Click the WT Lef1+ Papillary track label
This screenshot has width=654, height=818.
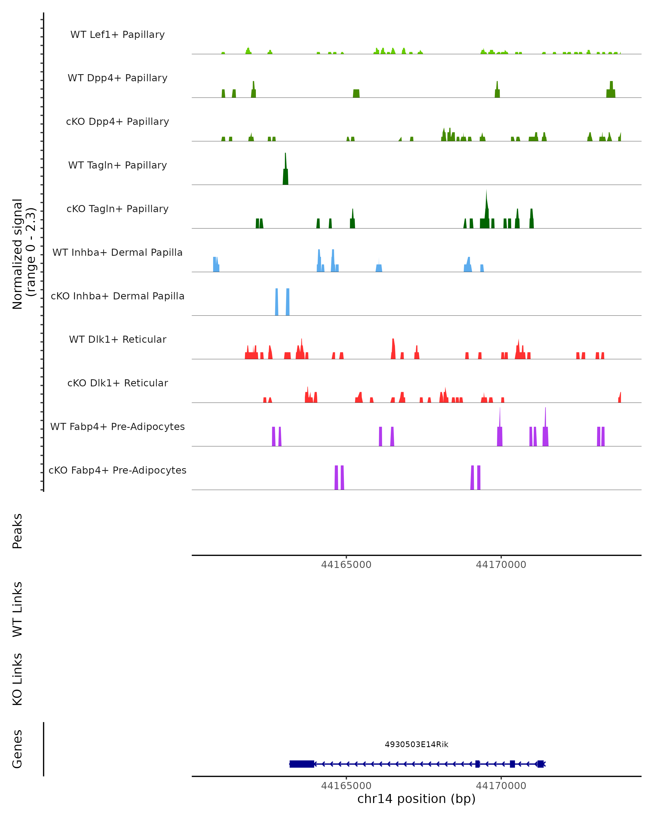pyautogui.click(x=117, y=35)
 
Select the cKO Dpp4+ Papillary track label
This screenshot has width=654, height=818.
pyautogui.click(x=117, y=122)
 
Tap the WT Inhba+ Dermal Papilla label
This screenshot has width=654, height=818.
pyautogui.click(x=117, y=253)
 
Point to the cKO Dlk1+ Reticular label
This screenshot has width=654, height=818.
pyautogui.click(x=117, y=383)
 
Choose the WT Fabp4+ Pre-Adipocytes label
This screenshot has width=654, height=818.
pyautogui.click(x=117, y=427)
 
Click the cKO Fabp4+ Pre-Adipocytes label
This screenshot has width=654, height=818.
pyautogui.click(x=117, y=470)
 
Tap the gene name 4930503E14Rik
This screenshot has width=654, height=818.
pyautogui.click(x=416, y=744)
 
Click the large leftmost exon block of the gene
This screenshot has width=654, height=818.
pyautogui.click(x=302, y=764)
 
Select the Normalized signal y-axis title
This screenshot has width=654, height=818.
pyautogui.click(x=23, y=254)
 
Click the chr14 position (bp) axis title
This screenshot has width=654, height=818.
pyautogui.click(x=416, y=799)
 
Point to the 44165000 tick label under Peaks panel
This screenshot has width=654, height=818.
pyautogui.click(x=346, y=565)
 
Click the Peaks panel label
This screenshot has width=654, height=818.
pyautogui.click(x=17, y=531)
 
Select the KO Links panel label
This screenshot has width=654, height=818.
pyautogui.click(x=17, y=679)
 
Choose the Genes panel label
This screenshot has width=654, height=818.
pyautogui.click(x=17, y=749)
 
